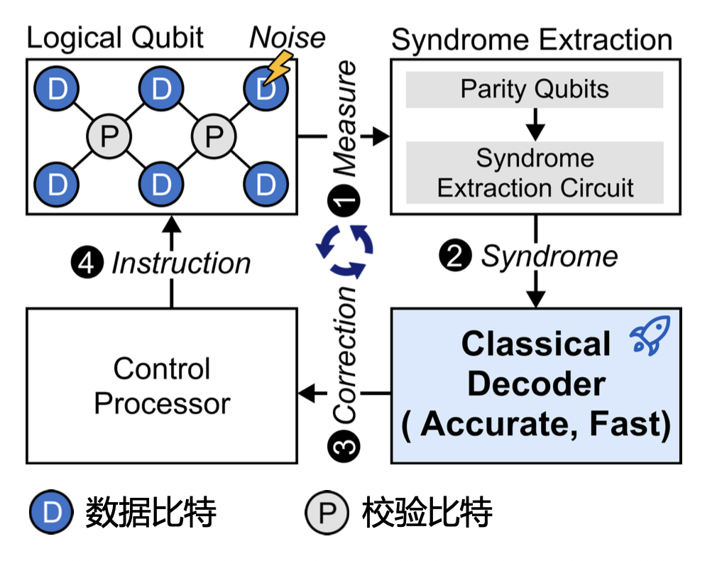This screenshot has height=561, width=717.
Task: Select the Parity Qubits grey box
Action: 535,89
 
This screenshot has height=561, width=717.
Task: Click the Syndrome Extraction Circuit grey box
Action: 535,173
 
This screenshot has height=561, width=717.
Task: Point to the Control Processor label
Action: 162,386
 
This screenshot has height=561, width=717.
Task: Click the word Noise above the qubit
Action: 287,38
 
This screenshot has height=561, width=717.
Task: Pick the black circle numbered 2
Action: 455,256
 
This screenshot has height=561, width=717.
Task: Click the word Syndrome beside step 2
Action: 549,256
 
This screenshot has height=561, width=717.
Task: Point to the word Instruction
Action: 181,263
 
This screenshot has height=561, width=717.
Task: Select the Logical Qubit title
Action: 115,38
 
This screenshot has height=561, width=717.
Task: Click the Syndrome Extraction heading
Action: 532,40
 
